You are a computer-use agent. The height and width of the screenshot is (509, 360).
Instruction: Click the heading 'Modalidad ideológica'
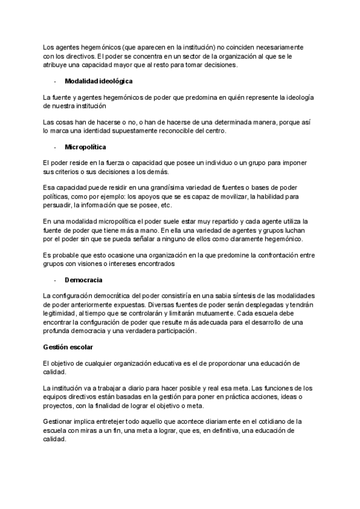(98, 80)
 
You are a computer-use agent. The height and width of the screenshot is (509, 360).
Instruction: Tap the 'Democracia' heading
(83, 280)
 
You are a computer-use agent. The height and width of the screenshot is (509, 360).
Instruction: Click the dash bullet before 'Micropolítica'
(55, 146)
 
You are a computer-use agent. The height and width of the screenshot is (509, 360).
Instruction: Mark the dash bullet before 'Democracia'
(55, 280)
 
